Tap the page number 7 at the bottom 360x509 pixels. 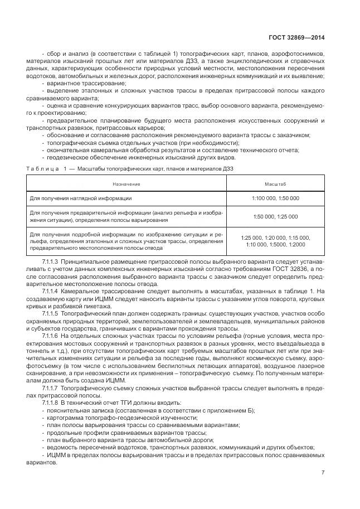point(323,473)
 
